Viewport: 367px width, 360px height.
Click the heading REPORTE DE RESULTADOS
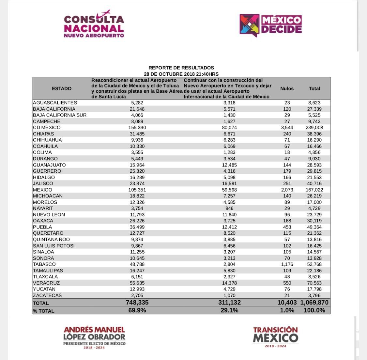(x=181, y=68)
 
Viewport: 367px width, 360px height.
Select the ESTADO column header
(x=62, y=88)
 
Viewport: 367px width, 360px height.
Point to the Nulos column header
(x=287, y=88)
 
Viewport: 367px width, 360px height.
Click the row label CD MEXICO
(x=47, y=128)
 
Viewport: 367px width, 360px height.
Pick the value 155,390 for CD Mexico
(x=137, y=128)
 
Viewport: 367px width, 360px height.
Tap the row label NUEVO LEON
(x=49, y=215)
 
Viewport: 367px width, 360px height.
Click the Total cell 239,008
(x=314, y=128)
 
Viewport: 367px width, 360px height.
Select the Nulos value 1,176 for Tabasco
(x=287, y=264)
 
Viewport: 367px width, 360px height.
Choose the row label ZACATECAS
(x=47, y=295)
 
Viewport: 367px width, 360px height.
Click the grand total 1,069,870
(x=314, y=303)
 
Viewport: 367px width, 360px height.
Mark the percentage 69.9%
(x=137, y=310)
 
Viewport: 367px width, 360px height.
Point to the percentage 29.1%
(x=229, y=310)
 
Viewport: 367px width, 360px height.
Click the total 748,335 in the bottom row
(x=137, y=303)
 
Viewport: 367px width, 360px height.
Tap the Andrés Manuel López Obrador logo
(x=94, y=337)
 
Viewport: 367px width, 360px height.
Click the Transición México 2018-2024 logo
(x=275, y=337)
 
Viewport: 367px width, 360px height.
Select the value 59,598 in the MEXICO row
(x=229, y=190)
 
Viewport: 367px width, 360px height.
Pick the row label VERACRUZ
(x=46, y=283)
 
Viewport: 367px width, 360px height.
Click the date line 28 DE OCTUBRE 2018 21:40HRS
(x=181, y=74)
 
